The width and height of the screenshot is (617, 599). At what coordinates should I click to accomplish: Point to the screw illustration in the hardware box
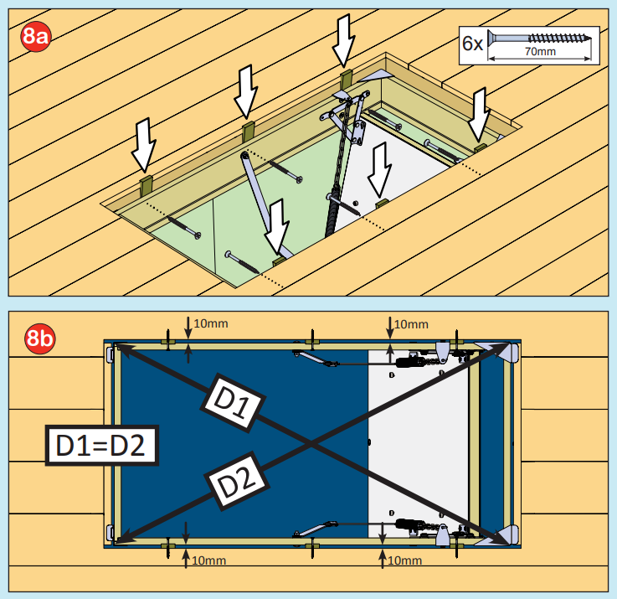[540, 38]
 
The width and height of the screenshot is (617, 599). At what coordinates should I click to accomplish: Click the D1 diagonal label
[230, 405]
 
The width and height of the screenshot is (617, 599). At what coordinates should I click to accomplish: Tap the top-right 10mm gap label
[410, 324]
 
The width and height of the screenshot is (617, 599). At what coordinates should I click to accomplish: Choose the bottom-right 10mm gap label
[405, 560]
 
